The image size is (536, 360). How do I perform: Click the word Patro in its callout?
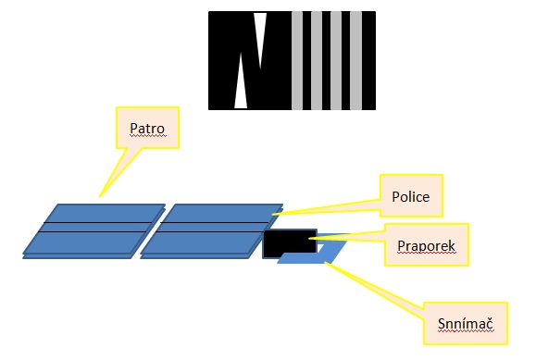point(146,127)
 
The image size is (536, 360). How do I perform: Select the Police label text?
point(411,196)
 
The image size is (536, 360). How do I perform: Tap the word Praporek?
point(423,248)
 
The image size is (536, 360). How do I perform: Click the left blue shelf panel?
point(93,241)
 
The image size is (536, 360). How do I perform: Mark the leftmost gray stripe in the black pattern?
point(296,60)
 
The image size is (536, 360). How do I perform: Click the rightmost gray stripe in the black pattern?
point(359,60)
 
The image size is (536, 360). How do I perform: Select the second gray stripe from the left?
point(318,60)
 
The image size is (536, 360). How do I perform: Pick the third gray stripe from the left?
point(339,60)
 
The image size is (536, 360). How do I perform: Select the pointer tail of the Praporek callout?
point(352,239)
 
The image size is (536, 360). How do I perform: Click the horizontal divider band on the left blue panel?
point(93,227)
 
